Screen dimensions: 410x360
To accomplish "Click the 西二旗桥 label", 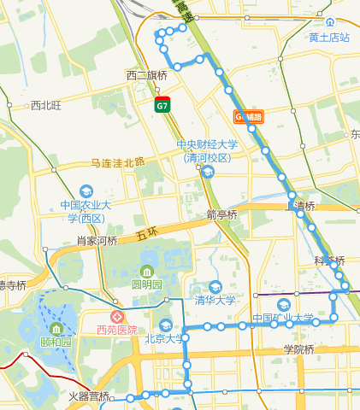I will tap(146, 75).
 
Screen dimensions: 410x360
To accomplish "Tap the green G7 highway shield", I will tap(162, 105).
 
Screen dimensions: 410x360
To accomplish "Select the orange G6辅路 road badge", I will tap(249, 116).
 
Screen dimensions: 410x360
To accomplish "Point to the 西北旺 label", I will tap(46, 106).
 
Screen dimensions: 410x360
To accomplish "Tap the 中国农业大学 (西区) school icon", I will tap(86, 191).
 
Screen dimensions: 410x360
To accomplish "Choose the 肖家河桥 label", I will tap(96, 241).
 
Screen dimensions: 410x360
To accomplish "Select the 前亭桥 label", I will tap(221, 214).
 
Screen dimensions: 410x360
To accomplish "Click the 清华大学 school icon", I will tap(215, 286).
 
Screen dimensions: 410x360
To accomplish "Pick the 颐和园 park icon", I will tap(56, 329).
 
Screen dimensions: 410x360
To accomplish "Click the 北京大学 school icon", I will tap(166, 325).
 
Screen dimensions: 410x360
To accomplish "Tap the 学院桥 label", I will tap(299, 348).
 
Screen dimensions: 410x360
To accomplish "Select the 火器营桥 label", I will tap(88, 396).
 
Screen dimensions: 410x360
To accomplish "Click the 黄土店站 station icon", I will tap(330, 23).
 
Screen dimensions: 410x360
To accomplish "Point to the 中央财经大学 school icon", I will tap(207, 172).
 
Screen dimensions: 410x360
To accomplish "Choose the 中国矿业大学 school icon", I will tap(283, 305).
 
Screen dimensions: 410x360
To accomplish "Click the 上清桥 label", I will tap(301, 206).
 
